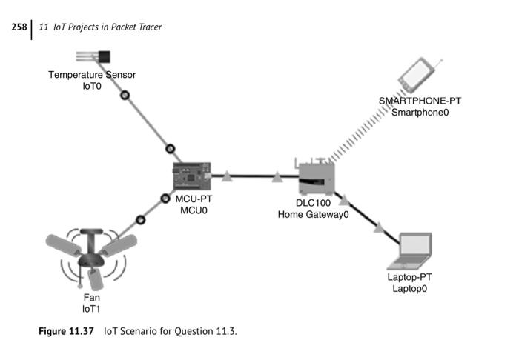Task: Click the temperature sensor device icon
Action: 96,56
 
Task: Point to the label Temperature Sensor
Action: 92,75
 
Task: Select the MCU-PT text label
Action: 194,199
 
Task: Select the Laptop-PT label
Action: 409,277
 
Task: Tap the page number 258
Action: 19,27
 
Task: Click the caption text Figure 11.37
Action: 66,331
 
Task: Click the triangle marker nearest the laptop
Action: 379,227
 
